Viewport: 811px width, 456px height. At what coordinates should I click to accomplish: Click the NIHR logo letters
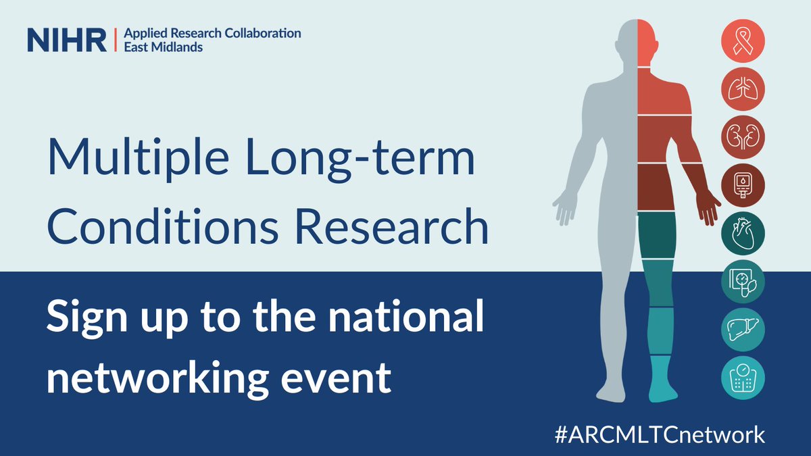coord(66,39)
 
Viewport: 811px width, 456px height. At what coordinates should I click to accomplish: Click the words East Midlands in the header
coord(162,47)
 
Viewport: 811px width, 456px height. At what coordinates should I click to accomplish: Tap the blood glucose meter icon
coord(743,183)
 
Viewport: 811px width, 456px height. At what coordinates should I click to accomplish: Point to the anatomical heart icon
coord(743,231)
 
